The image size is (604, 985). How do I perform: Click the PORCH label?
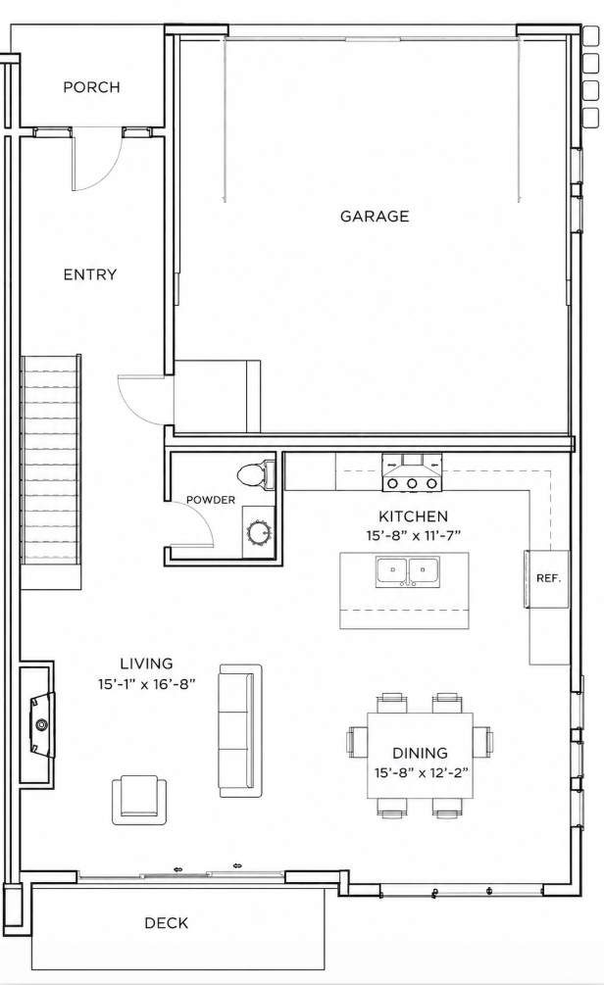click(x=91, y=87)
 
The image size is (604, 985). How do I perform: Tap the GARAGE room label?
click(x=375, y=216)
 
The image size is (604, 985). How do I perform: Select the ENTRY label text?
click(x=90, y=274)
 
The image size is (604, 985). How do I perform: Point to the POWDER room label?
click(x=211, y=500)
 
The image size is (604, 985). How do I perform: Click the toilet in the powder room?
click(x=257, y=474)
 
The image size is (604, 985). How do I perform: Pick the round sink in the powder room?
click(x=259, y=533)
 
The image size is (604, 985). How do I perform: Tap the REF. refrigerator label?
click(x=548, y=578)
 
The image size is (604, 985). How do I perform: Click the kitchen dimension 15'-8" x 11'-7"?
click(x=414, y=536)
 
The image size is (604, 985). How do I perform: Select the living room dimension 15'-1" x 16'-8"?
click(x=147, y=684)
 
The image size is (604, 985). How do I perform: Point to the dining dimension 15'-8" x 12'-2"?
click(x=420, y=772)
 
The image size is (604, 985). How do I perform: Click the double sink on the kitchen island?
click(x=408, y=571)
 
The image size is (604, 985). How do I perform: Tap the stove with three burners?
click(x=412, y=471)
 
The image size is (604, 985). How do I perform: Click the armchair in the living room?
click(x=139, y=800)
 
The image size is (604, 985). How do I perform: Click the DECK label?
click(x=167, y=923)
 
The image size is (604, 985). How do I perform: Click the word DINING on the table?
click(x=420, y=753)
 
